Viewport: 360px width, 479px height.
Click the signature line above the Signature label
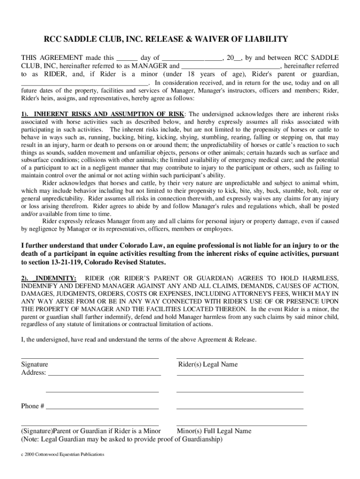point(90,358)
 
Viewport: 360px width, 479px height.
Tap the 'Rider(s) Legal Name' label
point(208,364)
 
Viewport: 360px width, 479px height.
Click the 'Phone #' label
point(33,406)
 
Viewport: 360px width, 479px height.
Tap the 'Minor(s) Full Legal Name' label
point(214,431)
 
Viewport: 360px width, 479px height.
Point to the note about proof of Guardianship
point(122,440)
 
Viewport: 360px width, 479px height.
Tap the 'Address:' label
point(34,373)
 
